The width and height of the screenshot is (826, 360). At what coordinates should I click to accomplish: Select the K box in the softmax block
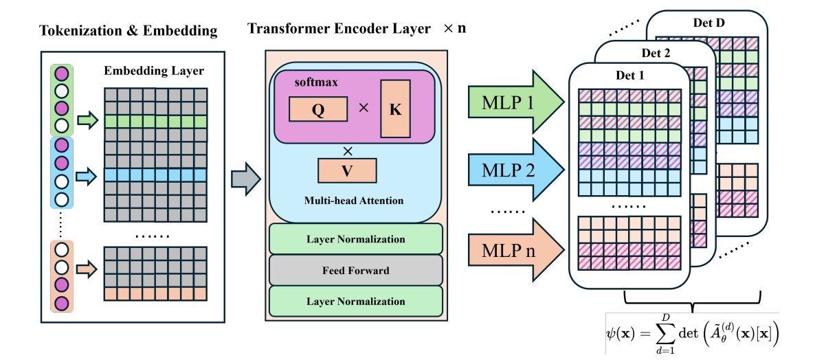click(395, 109)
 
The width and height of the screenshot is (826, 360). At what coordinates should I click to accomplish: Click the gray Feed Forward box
click(355, 270)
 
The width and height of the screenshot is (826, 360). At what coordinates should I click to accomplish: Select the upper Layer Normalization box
click(355, 239)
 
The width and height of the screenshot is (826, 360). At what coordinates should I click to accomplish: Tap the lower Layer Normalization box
click(355, 301)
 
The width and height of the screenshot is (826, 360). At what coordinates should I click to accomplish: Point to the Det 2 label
click(656, 53)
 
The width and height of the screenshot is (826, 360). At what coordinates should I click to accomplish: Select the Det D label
click(709, 23)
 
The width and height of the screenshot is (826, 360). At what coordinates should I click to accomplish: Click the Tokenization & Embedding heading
click(128, 31)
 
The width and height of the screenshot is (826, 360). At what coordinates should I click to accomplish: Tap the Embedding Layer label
click(154, 71)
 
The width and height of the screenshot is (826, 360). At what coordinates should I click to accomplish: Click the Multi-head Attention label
click(354, 201)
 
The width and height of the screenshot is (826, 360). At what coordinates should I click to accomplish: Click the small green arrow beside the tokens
click(87, 122)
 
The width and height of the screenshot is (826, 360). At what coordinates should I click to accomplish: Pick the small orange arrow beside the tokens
click(87, 269)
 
